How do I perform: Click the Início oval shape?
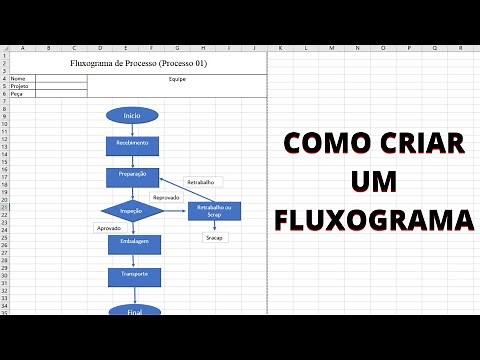[x=132, y=116]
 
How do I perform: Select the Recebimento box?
[x=132, y=144]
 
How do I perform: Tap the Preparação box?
[x=132, y=175]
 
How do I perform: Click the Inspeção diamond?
[x=131, y=211]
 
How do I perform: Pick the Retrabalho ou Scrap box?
[x=214, y=210]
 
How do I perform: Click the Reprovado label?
[x=166, y=197]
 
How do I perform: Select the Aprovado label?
[x=108, y=228]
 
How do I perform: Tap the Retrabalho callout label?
[x=204, y=182]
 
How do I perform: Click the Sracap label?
[x=215, y=237]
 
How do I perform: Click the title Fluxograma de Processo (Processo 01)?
[x=138, y=63]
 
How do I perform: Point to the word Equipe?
[x=178, y=78]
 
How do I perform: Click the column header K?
[x=281, y=47]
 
